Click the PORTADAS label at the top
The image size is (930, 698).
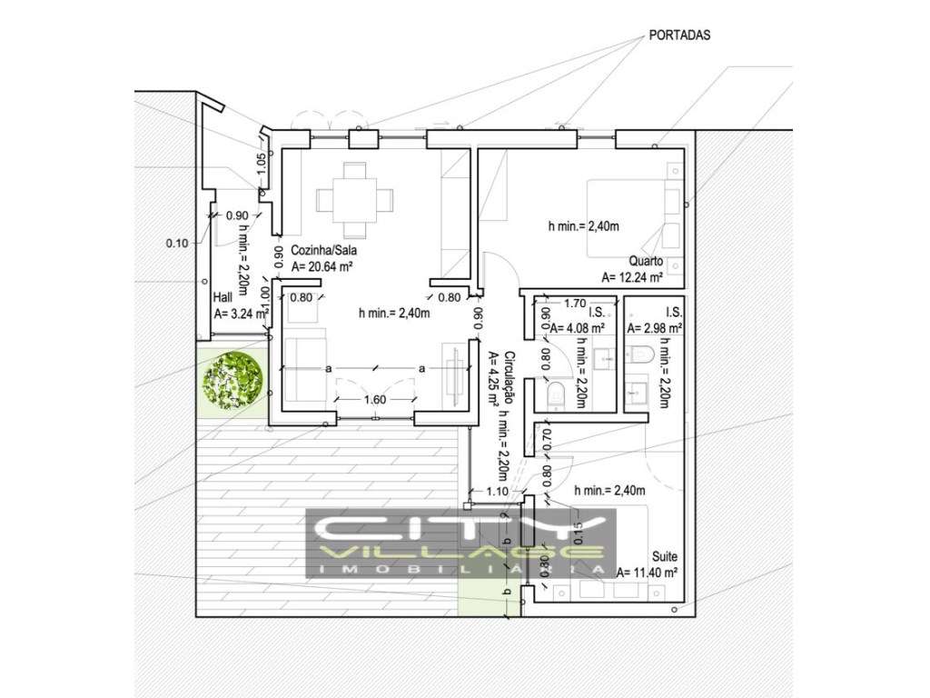coord(679,35)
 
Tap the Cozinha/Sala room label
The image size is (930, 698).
coord(322,251)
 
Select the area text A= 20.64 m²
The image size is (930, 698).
coord(322,266)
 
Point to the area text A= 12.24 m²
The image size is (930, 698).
coord(631,277)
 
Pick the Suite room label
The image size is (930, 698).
coord(665,556)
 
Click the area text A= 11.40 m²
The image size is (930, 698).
coord(648,573)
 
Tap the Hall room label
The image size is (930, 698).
coord(223,297)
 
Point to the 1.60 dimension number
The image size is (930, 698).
coord(377,399)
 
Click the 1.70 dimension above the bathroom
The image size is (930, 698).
coord(574,304)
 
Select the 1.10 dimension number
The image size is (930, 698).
coord(497,491)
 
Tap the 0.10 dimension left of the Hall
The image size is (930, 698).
coord(176,243)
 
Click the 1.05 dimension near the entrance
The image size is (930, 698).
coord(262,165)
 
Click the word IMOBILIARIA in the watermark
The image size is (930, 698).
coord(462,568)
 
